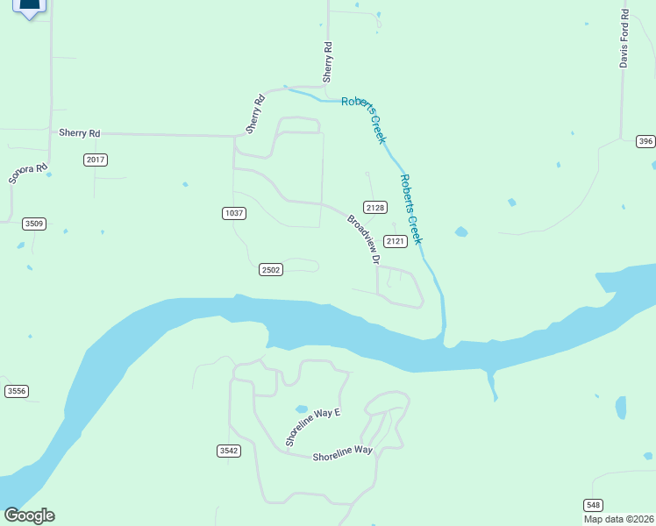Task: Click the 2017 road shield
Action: [x=96, y=160]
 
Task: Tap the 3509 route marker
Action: [x=34, y=224]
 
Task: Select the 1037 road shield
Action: [x=233, y=213]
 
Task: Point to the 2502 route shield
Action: [x=270, y=270]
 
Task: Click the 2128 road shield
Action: [x=375, y=208]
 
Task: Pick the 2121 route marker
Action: [x=396, y=241]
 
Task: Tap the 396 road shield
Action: [x=645, y=141]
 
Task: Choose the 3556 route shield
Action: [x=16, y=391]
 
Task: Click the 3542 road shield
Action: [x=228, y=451]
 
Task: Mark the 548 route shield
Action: [x=594, y=505]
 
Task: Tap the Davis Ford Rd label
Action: [x=624, y=39]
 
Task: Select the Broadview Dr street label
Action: [x=364, y=239]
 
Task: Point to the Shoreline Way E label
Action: [x=312, y=424]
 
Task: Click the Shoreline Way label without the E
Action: [x=343, y=451]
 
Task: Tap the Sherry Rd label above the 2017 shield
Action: [x=80, y=133]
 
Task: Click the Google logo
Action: [x=29, y=515]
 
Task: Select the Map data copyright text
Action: [x=618, y=519]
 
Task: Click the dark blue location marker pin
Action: [x=29, y=7]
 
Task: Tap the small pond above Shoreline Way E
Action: [x=302, y=409]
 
